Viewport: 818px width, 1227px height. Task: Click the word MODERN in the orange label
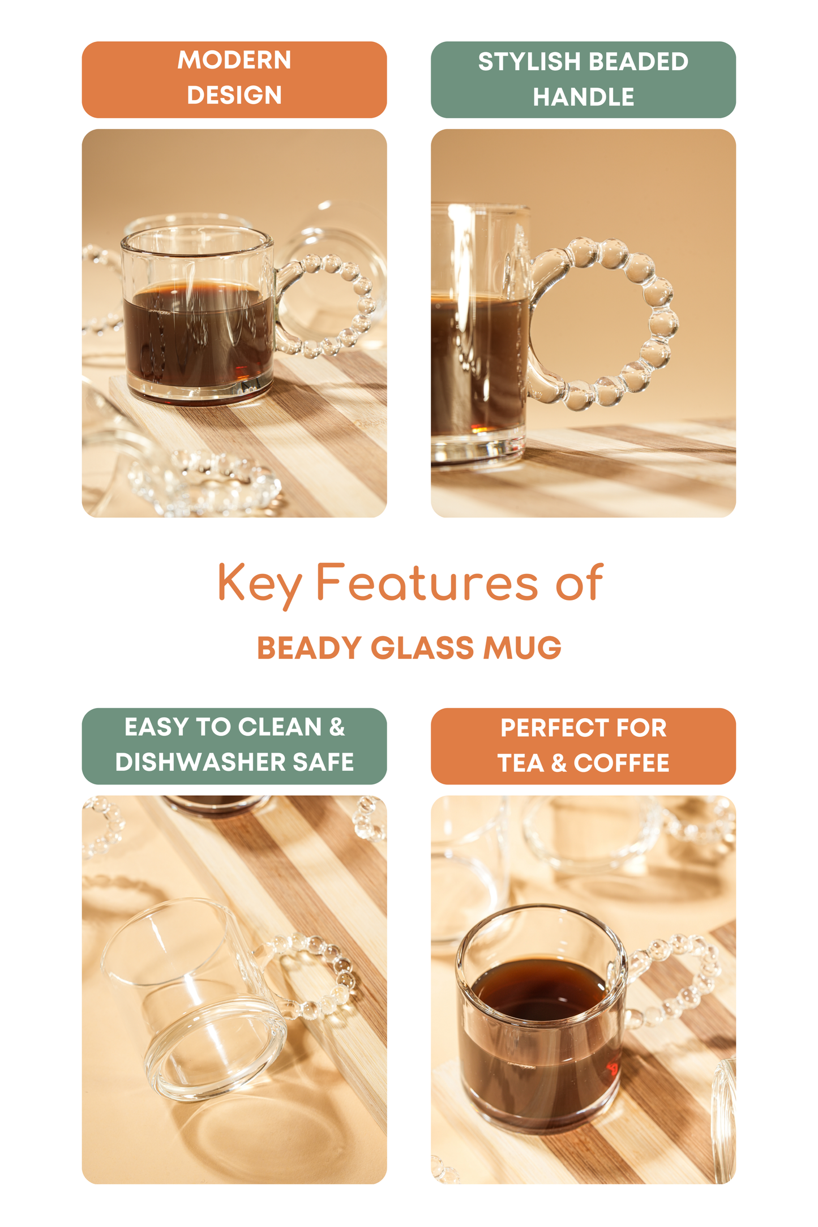(x=234, y=61)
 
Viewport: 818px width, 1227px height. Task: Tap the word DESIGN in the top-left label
(x=234, y=95)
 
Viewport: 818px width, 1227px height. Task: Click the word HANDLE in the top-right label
(x=583, y=97)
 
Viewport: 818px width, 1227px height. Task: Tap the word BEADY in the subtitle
(x=309, y=648)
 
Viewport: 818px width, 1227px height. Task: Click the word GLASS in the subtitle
(x=422, y=648)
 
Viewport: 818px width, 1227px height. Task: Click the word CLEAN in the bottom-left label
(x=280, y=727)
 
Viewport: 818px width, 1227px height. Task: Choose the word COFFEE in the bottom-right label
(x=621, y=763)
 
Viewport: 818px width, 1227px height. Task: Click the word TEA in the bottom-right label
(x=520, y=763)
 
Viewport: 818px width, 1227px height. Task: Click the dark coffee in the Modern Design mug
(x=198, y=340)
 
